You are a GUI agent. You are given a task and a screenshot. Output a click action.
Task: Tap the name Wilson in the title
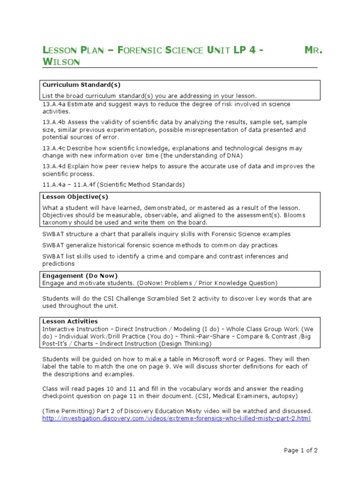pyautogui.click(x=61, y=62)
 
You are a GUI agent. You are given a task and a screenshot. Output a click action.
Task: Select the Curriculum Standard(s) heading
pyautogui.click(x=82, y=85)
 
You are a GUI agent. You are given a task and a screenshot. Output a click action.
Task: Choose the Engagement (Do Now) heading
pyautogui.click(x=80, y=276)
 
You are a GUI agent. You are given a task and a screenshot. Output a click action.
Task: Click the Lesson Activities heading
pyautogui.click(x=70, y=321)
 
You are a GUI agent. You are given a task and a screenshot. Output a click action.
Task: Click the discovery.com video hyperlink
pyautogui.click(x=176, y=418)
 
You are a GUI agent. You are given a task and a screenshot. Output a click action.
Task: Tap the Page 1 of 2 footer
pyautogui.click(x=301, y=450)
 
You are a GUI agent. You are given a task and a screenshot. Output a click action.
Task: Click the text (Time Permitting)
pyautogui.click(x=68, y=411)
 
